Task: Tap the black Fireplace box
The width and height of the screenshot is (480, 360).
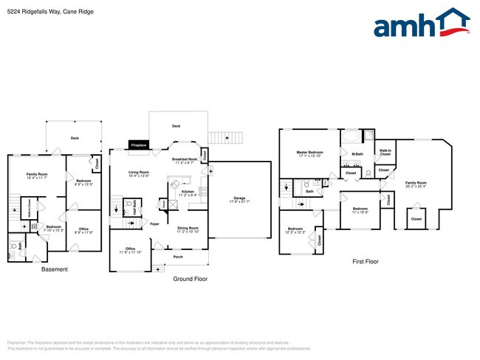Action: (x=139, y=145)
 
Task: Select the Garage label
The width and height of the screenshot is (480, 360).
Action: (x=239, y=199)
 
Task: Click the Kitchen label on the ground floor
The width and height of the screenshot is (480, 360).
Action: (x=188, y=193)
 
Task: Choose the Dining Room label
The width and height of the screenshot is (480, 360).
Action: (x=188, y=229)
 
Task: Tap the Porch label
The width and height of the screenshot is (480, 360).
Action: (x=178, y=257)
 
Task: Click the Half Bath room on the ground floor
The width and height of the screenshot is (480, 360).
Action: (x=133, y=205)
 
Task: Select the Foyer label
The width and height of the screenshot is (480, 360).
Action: (x=154, y=224)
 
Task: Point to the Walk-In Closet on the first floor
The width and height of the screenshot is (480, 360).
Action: (x=385, y=153)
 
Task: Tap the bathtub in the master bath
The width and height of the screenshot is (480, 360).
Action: (x=351, y=138)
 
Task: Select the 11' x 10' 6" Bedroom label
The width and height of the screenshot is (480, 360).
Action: (x=360, y=210)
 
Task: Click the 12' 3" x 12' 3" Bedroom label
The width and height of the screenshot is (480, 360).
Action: (x=295, y=230)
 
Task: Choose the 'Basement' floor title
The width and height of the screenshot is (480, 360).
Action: (x=54, y=269)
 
